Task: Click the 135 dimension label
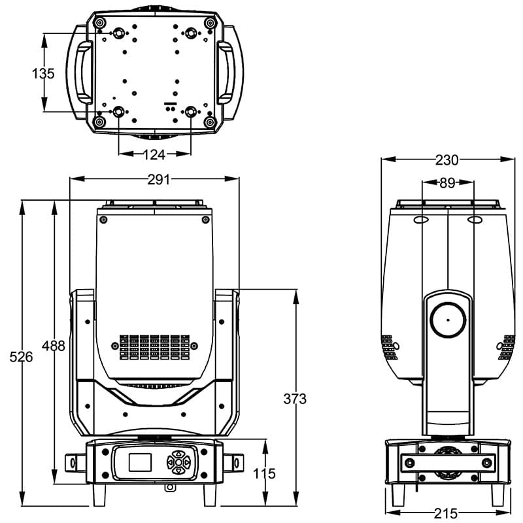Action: point(43,73)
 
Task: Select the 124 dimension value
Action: point(154,154)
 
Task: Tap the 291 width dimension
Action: point(158,179)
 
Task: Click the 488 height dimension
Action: point(53,345)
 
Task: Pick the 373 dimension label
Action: point(295,398)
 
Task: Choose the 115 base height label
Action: point(264,473)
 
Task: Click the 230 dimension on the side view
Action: point(447,160)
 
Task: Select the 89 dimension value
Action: point(447,184)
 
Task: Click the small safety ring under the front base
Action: point(170,486)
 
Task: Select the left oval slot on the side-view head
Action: point(421,220)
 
